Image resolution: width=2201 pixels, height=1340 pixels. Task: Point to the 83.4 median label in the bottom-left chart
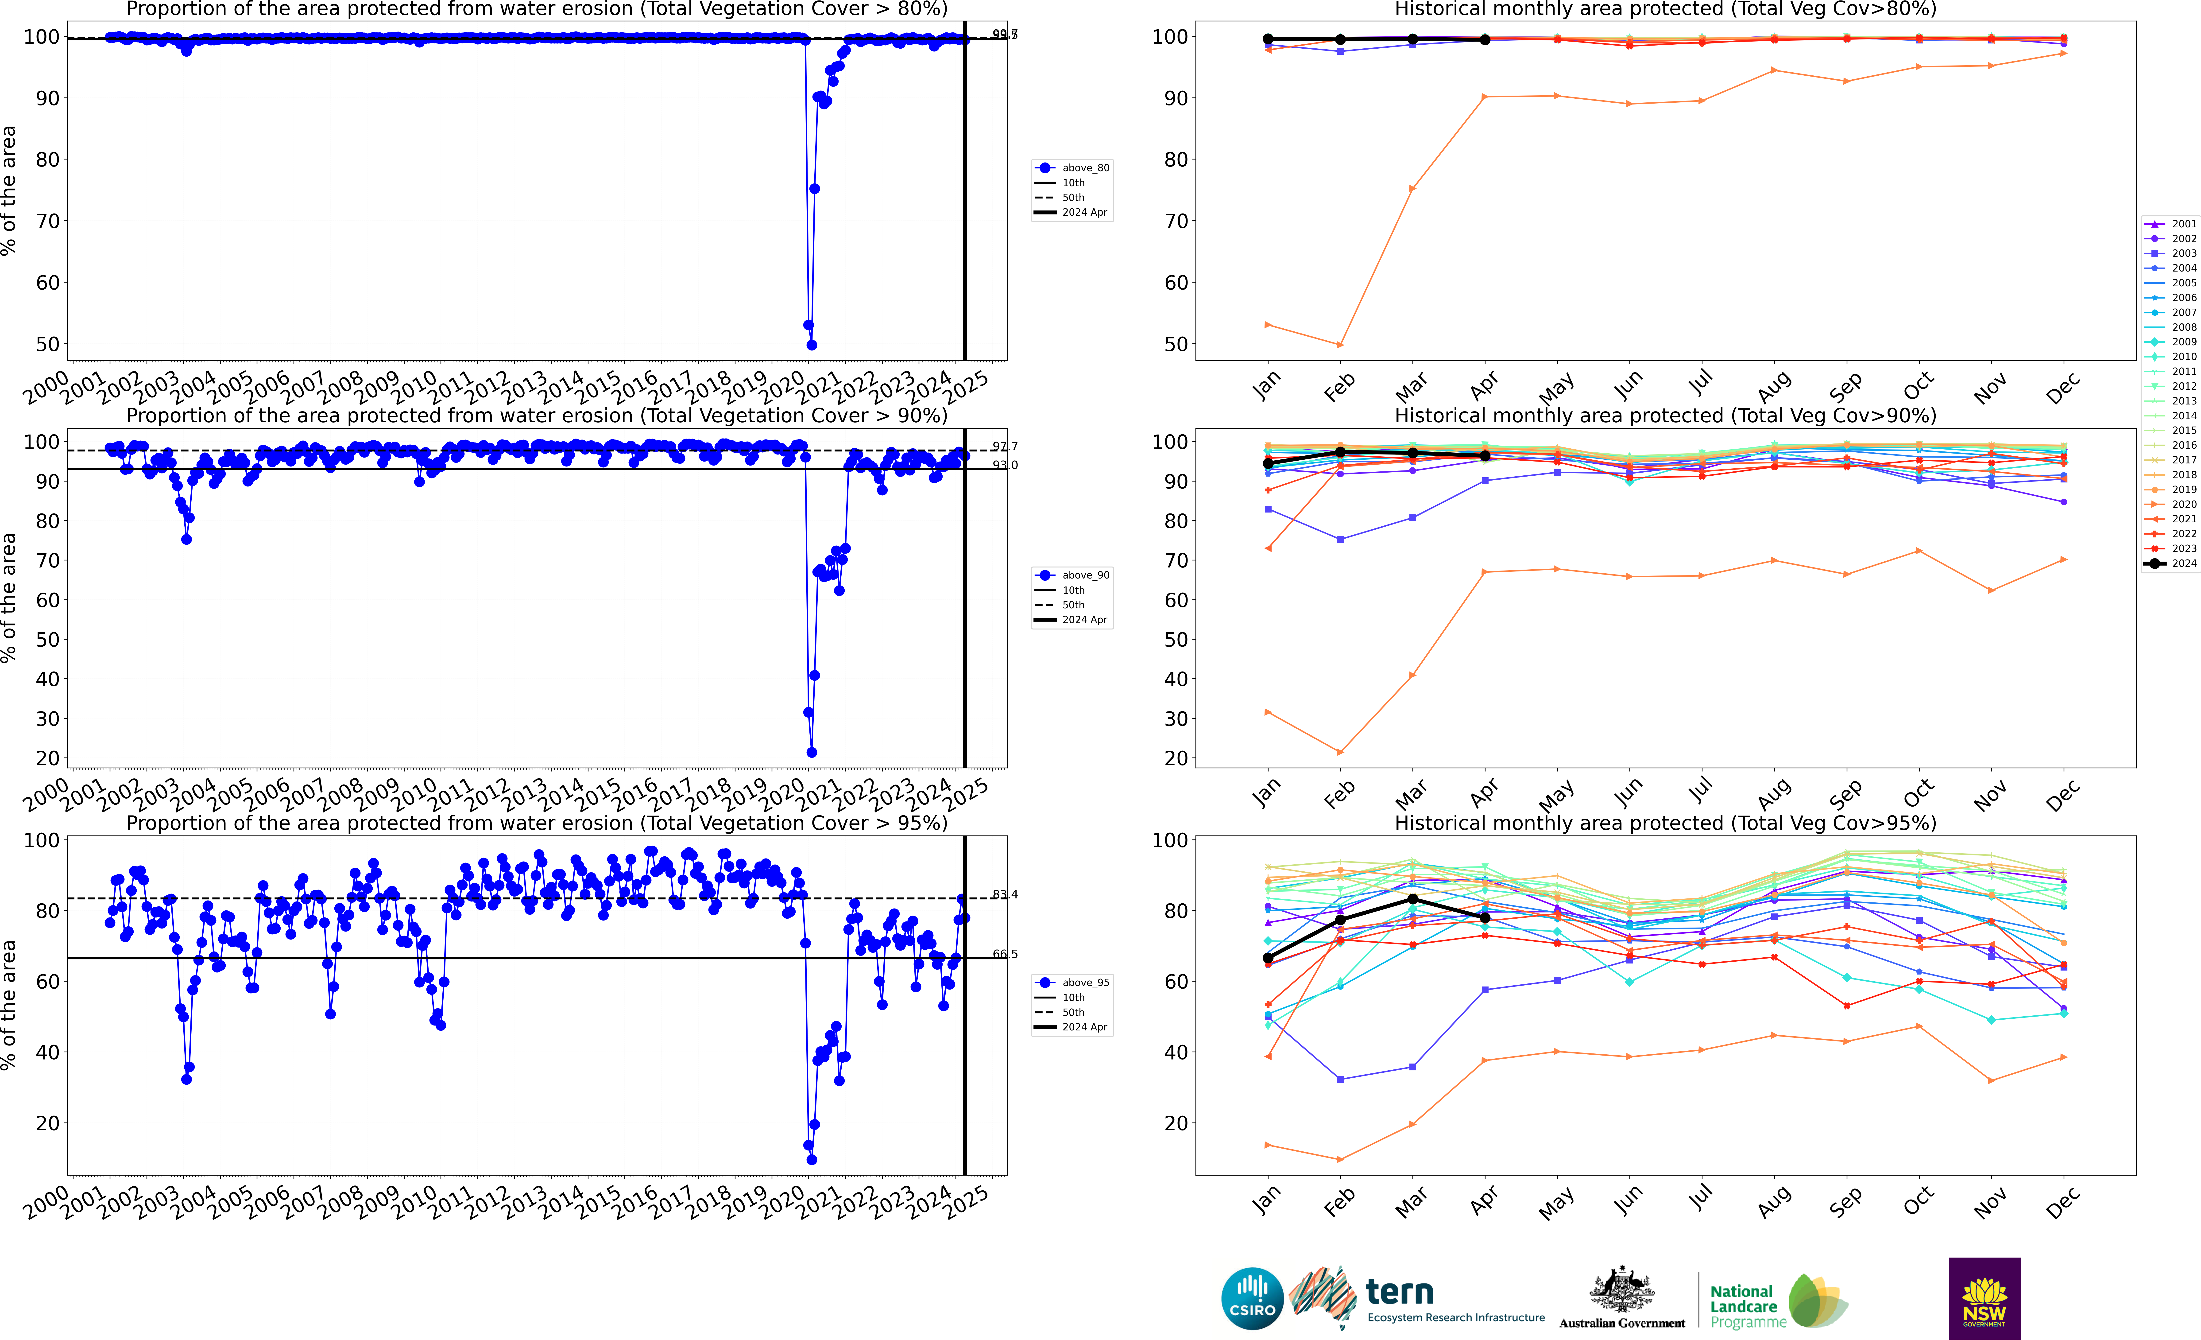point(1004,894)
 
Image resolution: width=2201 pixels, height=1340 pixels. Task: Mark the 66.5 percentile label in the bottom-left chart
point(1004,954)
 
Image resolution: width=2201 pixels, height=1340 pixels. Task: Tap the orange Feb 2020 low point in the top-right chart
point(1340,345)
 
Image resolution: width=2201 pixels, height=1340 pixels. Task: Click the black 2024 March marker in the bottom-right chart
point(1412,899)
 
